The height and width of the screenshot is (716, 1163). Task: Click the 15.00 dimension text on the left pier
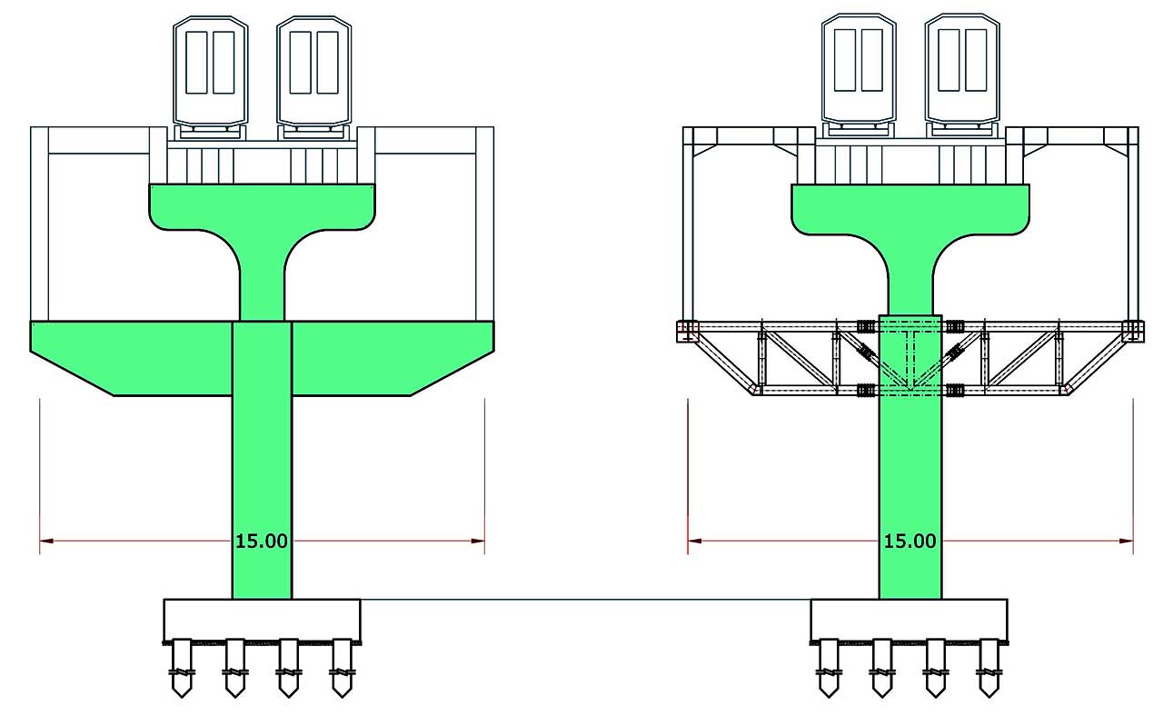pyautogui.click(x=262, y=542)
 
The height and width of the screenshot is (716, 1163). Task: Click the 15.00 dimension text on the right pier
pyautogui.click(x=910, y=542)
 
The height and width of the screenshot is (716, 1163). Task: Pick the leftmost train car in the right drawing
pyautogui.click(x=859, y=67)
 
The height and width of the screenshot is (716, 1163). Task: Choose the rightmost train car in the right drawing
pyautogui.click(x=962, y=67)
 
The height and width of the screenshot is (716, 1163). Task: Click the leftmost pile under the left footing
pyautogui.click(x=183, y=668)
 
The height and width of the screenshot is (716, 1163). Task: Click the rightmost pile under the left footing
pyautogui.click(x=342, y=668)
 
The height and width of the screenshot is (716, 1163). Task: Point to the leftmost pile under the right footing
pyautogui.click(x=829, y=668)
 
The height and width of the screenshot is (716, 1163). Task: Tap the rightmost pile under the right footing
pyautogui.click(x=988, y=668)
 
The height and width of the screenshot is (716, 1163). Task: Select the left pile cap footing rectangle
pyautogui.click(x=262, y=621)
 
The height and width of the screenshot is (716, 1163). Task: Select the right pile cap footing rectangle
pyautogui.click(x=909, y=621)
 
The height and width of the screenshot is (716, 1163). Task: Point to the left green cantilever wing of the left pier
pyautogui.click(x=127, y=354)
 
